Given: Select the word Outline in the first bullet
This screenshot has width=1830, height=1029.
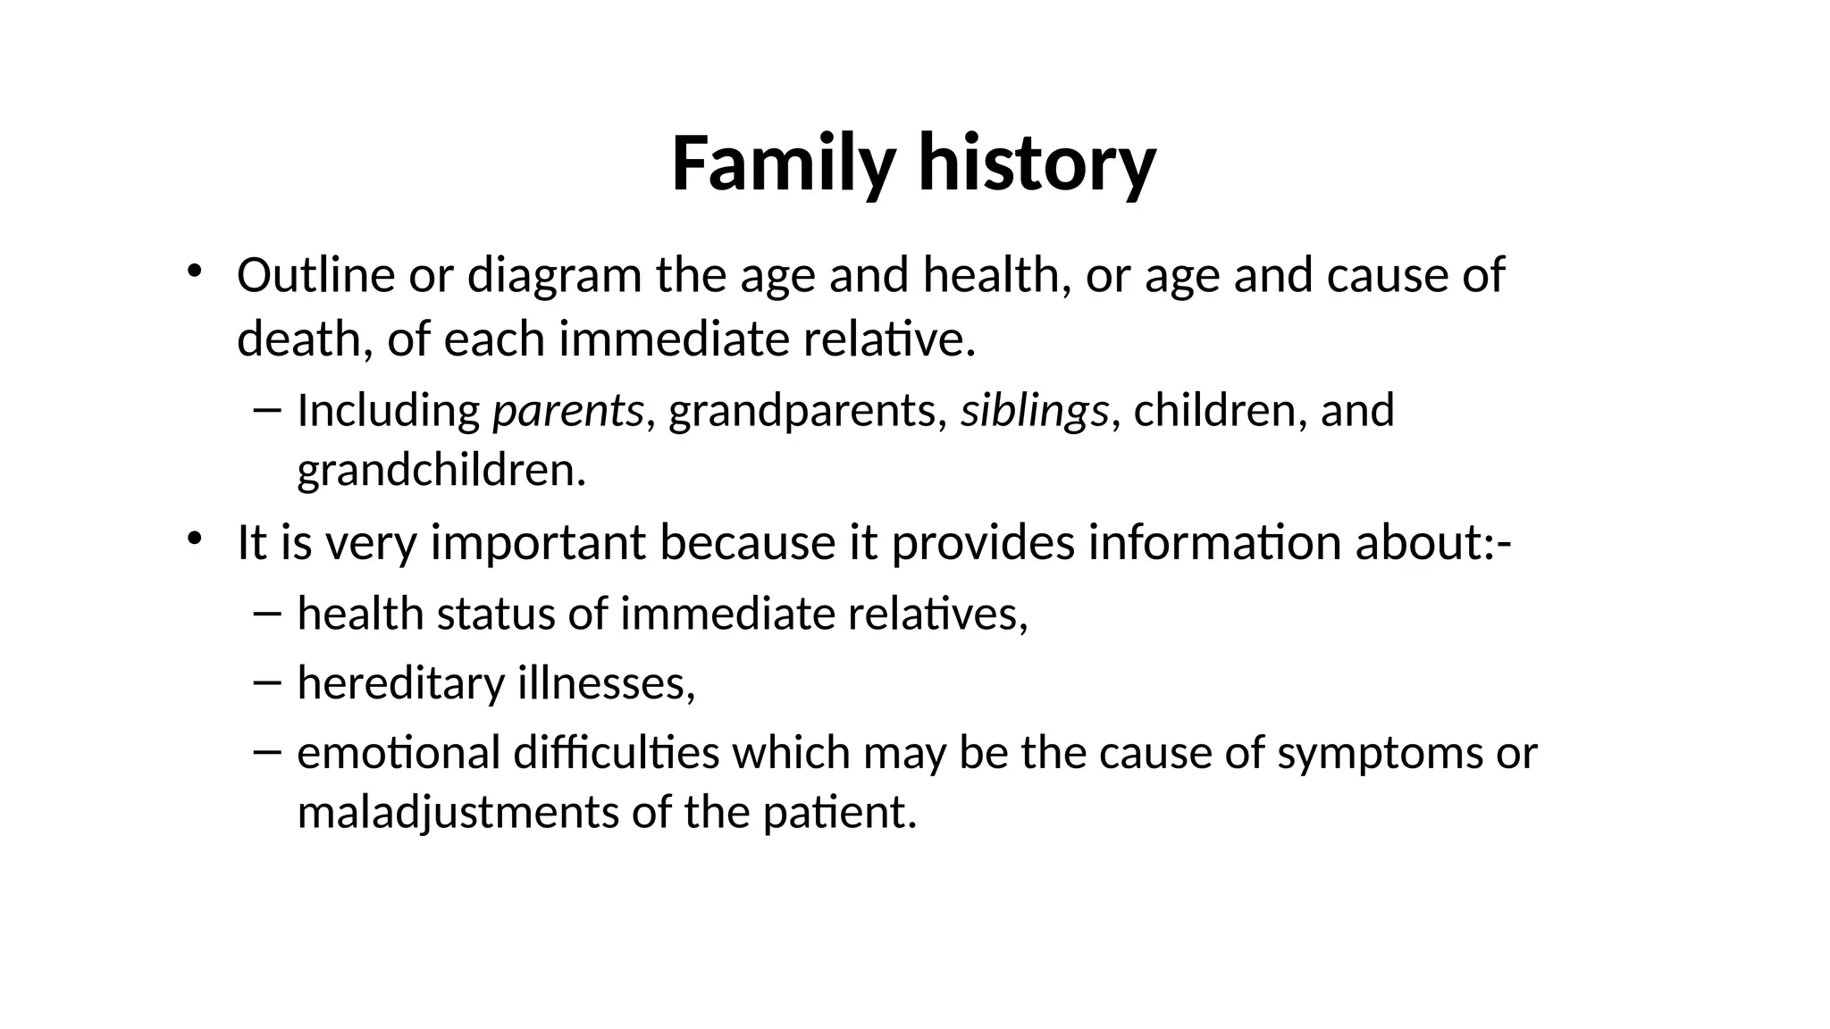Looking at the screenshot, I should [x=315, y=275].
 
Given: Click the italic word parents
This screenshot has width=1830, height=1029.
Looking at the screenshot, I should [x=567, y=412].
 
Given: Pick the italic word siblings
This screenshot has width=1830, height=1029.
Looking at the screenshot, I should [x=1034, y=412].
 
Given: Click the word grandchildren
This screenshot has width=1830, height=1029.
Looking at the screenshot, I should [x=441, y=471].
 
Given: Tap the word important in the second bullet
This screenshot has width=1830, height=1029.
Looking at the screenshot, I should [x=538, y=543].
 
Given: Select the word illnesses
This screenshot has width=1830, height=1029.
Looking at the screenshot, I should [x=607, y=683].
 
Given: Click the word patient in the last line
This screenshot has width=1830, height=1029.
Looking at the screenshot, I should [x=839, y=814].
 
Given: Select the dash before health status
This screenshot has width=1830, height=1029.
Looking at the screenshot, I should [x=266, y=614].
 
